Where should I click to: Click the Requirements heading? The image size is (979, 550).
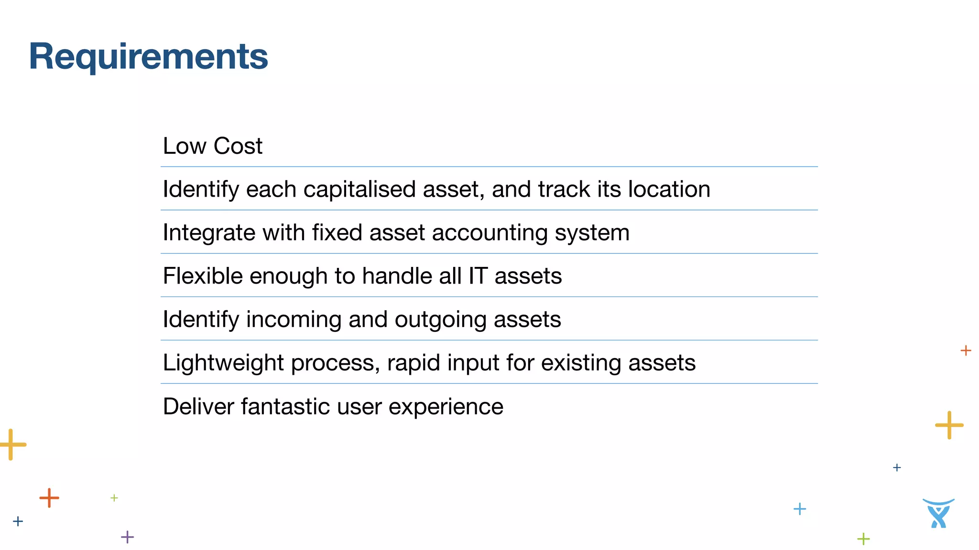[148, 56]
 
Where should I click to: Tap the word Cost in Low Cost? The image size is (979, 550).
[238, 146]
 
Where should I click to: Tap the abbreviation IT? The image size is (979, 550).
[478, 276]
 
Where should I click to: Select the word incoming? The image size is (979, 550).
[294, 319]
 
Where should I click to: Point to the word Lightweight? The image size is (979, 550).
[223, 363]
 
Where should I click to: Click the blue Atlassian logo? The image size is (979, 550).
[938, 514]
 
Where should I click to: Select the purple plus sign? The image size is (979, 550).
[127, 537]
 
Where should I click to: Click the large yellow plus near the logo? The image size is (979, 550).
[949, 425]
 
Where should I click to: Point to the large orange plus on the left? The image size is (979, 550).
[49, 498]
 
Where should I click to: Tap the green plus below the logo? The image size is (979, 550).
[863, 539]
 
